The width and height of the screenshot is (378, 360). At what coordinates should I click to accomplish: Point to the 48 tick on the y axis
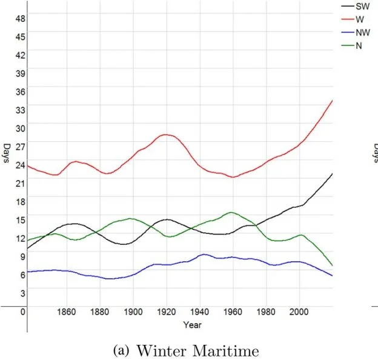pos(21,18)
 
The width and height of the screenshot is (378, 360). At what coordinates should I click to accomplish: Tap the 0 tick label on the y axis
pos(22,312)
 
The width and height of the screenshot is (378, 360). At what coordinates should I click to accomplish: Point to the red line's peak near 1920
pos(165,134)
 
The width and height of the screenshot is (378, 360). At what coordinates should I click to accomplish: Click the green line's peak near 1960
pos(231,212)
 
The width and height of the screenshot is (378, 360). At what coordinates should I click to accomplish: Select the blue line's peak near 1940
pos(205,254)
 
